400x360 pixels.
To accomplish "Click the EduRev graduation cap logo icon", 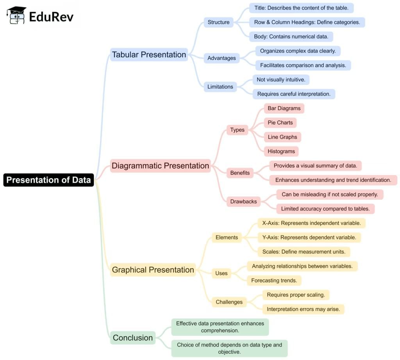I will [x=16, y=16].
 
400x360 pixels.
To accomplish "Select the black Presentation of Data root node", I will [x=48, y=180].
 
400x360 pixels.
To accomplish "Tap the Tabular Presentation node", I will [x=149, y=55].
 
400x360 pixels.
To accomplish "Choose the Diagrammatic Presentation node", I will [x=160, y=166].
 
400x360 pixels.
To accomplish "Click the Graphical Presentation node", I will [x=153, y=270].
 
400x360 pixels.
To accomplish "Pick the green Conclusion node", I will [x=132, y=338].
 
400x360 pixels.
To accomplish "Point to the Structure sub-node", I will [x=218, y=22].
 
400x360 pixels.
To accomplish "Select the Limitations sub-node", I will [x=220, y=87].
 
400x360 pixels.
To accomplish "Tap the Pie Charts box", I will [x=280, y=123].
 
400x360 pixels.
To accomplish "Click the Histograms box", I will [x=281, y=151].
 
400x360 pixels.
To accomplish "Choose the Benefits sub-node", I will [x=239, y=173].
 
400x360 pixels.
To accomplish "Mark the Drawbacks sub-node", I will [x=243, y=202].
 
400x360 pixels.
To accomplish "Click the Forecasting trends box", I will [x=274, y=280].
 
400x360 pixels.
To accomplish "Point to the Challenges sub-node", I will [x=229, y=302].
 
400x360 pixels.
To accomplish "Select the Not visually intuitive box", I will [x=281, y=80].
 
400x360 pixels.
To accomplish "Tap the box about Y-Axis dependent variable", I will [x=309, y=237].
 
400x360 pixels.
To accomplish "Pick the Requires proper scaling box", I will [x=296, y=295].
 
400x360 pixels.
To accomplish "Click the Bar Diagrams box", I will [x=284, y=108].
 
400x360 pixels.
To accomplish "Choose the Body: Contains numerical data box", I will [x=291, y=37].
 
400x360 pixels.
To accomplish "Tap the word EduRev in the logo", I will [x=51, y=16].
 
